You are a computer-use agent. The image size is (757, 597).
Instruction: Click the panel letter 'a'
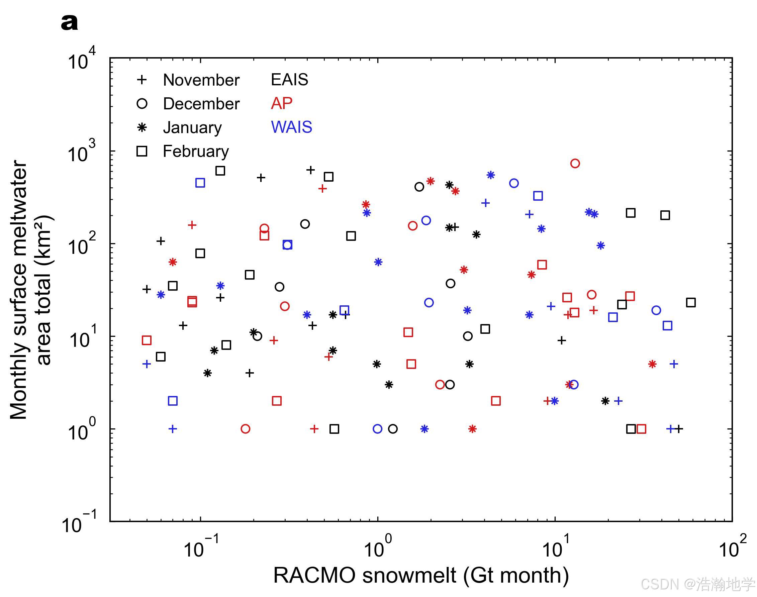pyautogui.click(x=69, y=23)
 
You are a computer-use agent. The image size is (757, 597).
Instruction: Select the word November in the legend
pyautogui.click(x=201, y=80)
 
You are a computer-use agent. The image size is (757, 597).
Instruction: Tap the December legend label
pyautogui.click(x=201, y=104)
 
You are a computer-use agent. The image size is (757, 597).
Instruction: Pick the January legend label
pyautogui.click(x=192, y=127)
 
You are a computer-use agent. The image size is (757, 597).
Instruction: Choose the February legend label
pyautogui.click(x=196, y=152)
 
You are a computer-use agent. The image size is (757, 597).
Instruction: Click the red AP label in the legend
pyautogui.click(x=281, y=103)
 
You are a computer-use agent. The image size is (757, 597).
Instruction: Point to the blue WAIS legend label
pyautogui.click(x=291, y=127)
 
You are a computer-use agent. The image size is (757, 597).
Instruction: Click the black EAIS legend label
pyautogui.click(x=289, y=80)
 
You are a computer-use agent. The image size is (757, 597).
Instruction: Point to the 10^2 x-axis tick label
pyautogui.click(x=733, y=545)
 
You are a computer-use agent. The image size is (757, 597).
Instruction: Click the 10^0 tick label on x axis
pyautogui.click(x=378, y=545)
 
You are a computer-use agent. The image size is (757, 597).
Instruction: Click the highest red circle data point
pyautogui.click(x=575, y=163)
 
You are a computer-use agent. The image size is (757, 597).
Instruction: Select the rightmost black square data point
pyautogui.click(x=690, y=302)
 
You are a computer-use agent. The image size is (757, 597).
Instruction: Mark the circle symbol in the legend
pyautogui.click(x=142, y=104)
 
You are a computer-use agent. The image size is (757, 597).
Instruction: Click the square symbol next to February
pyautogui.click(x=142, y=152)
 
